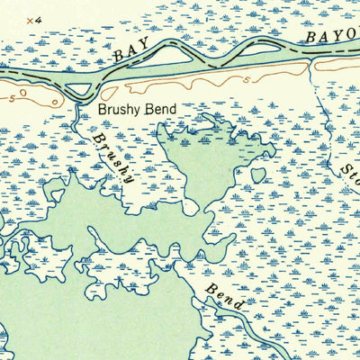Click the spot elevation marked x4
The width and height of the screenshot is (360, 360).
point(33,19)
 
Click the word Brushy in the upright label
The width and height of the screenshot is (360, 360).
point(118,112)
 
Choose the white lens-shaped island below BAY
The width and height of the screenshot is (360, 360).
point(176,58)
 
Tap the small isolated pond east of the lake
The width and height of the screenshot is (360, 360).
point(258,175)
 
